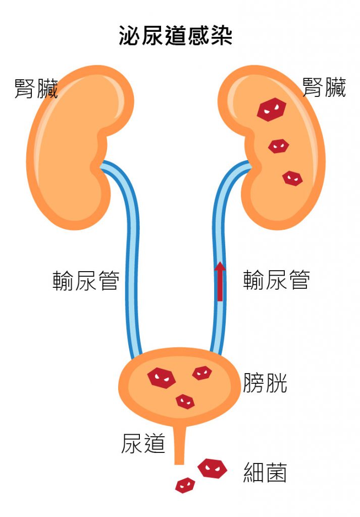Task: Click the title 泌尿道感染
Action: (175, 36)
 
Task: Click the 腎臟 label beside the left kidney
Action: (36, 88)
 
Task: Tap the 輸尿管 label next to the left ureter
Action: (86, 281)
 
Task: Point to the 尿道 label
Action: (143, 443)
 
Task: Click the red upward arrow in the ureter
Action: (220, 281)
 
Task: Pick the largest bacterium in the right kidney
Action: (271, 109)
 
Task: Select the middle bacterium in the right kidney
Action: (278, 146)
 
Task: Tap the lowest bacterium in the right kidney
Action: (292, 178)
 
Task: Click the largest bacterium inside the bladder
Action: (161, 377)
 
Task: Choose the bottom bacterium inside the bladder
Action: (185, 401)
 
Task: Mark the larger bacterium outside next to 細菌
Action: (212, 469)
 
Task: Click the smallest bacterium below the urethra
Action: (185, 485)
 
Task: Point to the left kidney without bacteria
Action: (71, 146)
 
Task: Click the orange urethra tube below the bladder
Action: (179, 444)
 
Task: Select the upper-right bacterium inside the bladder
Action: (202, 373)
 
